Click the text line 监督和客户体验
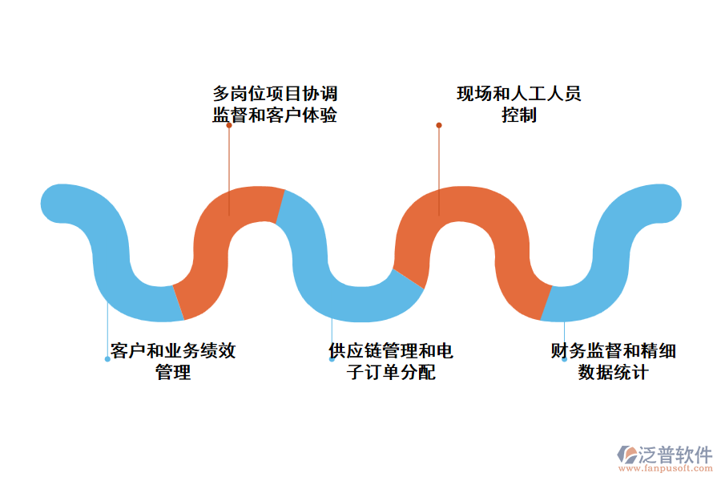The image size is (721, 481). click(x=275, y=115)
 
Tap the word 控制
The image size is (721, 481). click(x=519, y=115)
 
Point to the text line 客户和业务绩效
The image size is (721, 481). click(x=173, y=351)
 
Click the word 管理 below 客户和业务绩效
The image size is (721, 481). click(x=173, y=372)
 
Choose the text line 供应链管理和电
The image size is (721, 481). click(x=391, y=351)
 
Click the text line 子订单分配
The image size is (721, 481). click(x=391, y=372)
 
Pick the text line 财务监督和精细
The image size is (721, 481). click(x=614, y=351)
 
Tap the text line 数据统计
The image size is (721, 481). click(x=614, y=372)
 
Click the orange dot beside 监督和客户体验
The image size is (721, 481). click(x=229, y=125)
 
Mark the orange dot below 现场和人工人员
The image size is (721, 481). click(x=439, y=125)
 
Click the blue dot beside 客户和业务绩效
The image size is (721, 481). click(x=107, y=359)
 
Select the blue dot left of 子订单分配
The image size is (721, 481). click(x=332, y=359)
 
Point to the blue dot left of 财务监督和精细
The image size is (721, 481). click(x=564, y=359)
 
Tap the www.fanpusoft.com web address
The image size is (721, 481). click(x=665, y=470)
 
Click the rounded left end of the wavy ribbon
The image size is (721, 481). click(x=59, y=203)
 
